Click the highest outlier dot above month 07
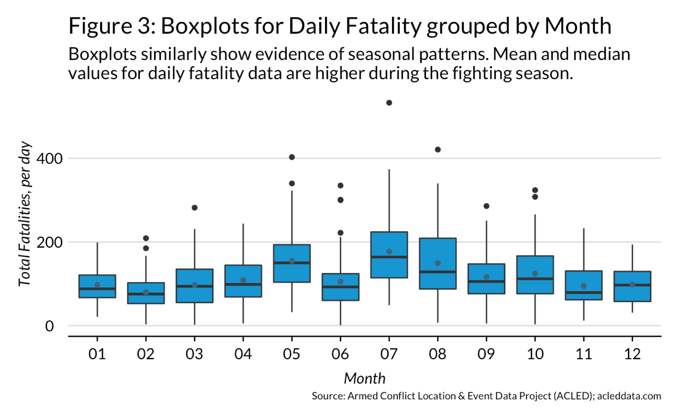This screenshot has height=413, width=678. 389,103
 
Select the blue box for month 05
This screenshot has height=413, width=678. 292,272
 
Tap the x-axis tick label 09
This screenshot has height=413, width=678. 486,354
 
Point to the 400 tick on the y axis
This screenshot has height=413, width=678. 50,159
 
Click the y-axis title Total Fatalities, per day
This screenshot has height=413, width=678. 25,213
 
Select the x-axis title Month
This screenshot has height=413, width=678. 364,378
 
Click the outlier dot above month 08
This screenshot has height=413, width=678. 438,149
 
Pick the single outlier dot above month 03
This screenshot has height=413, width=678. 195,208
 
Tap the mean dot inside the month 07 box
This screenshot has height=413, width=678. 389,251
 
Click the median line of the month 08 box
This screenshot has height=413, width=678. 438,272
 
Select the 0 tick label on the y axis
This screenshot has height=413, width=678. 50,326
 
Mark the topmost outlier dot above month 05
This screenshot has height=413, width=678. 292,157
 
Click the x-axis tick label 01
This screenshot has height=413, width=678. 97,354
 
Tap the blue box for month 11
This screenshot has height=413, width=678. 584,280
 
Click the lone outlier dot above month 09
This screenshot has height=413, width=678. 486,206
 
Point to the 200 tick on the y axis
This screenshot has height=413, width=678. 50,243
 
